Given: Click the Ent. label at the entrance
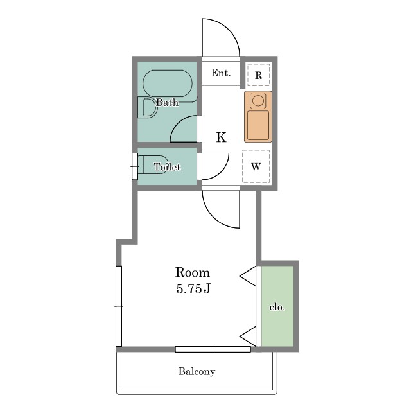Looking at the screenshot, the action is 221,73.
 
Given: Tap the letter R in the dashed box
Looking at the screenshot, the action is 258,76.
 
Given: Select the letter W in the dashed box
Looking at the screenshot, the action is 256,166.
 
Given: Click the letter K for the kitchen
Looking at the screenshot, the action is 221,137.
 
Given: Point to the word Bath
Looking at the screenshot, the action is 167,102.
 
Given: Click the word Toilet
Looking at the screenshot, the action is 167,167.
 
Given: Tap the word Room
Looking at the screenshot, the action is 193,272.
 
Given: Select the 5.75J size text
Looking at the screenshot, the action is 193,289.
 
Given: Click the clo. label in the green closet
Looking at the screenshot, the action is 277,307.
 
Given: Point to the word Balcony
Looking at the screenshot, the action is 197,371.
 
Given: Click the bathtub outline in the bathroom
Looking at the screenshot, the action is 168,83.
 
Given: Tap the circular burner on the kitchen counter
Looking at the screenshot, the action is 258,100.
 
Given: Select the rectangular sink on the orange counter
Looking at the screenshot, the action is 258,125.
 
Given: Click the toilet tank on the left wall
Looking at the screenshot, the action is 135,166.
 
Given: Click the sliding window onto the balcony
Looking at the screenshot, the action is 213,349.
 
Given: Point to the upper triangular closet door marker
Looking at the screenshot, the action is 248,276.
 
